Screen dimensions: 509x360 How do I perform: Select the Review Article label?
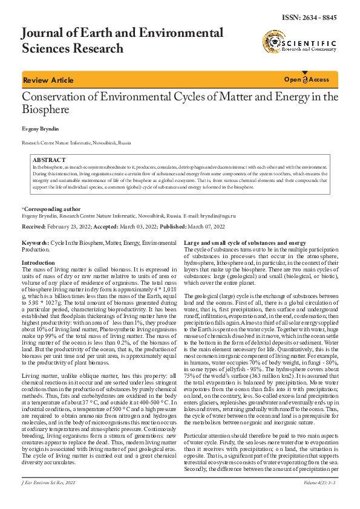[48, 80]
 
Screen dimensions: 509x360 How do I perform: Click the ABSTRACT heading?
[49, 160]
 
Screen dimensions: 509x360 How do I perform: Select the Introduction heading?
[38, 263]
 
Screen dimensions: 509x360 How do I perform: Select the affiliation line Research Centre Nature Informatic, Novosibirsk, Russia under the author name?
[76, 143]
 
